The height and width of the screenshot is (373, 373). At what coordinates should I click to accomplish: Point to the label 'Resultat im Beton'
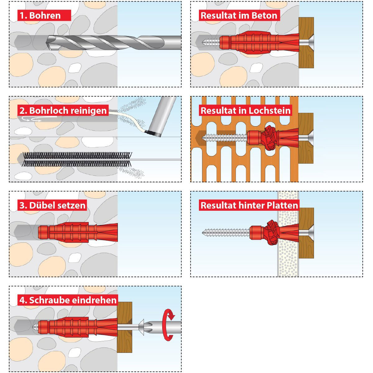pyautogui.click(x=238, y=15)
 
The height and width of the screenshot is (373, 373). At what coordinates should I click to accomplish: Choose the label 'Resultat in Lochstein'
pyautogui.click(x=246, y=110)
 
